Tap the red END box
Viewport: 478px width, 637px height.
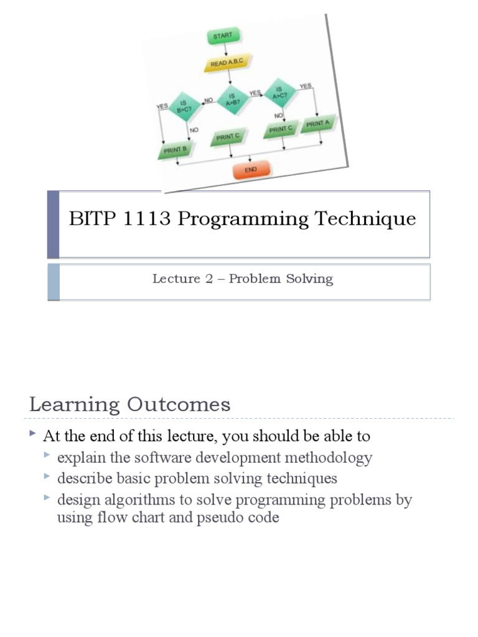click(x=251, y=170)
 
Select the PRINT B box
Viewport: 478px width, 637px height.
click(x=174, y=150)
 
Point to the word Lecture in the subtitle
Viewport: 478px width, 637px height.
click(x=176, y=279)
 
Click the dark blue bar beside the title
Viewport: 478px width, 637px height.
click(x=54, y=224)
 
